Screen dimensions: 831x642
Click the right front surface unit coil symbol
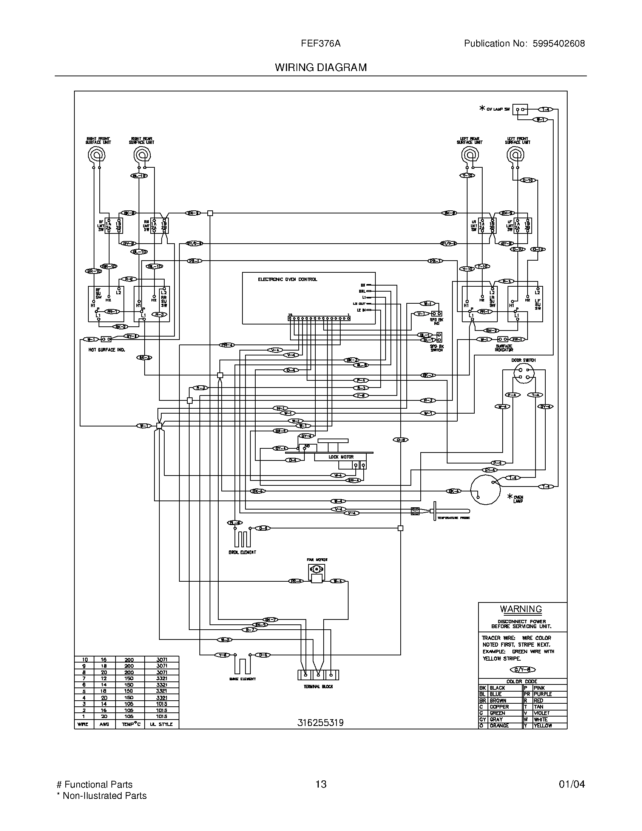[96, 155]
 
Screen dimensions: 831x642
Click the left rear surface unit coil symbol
[469, 155]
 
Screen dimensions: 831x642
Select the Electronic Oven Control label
[287, 279]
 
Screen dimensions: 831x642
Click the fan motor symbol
[316, 569]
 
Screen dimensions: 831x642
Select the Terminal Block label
[318, 687]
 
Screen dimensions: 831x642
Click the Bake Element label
[243, 679]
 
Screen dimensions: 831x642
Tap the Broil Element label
[242, 552]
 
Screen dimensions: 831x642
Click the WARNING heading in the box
[521, 609]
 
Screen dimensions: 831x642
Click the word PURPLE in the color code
[543, 694]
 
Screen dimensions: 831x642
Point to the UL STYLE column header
[161, 724]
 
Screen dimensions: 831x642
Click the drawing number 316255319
[320, 723]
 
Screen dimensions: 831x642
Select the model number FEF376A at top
[321, 43]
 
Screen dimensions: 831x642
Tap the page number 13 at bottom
[321, 784]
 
